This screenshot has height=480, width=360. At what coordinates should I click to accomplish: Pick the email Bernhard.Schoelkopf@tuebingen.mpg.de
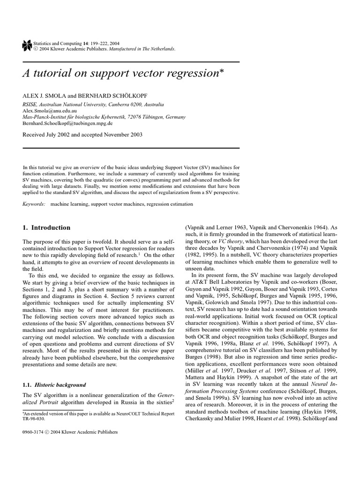click(67, 123)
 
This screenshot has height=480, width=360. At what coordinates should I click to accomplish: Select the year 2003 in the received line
click(134, 135)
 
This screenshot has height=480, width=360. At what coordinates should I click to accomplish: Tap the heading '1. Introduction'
click(46, 228)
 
